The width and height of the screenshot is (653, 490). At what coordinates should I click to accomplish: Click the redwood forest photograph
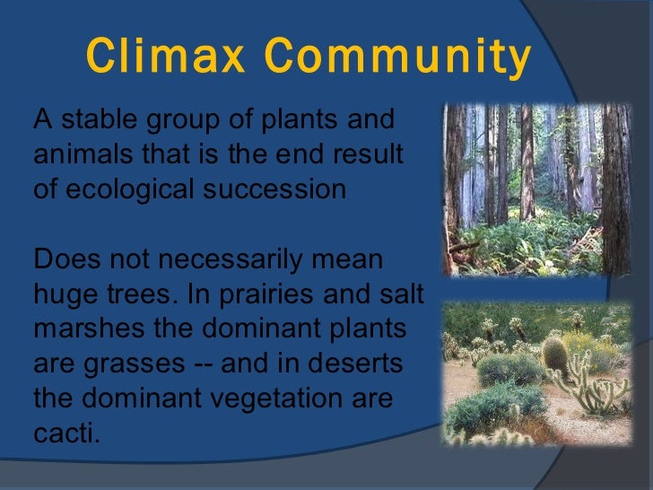[536, 189]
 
